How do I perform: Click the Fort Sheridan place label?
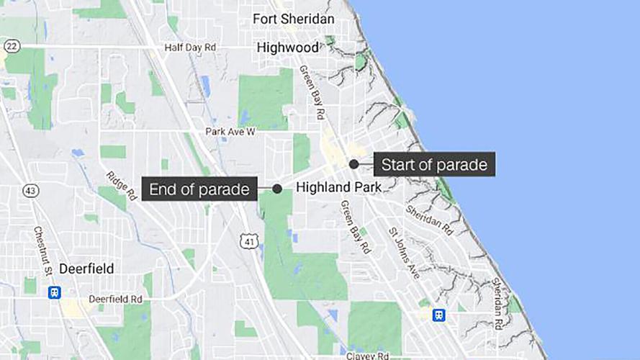[294, 19]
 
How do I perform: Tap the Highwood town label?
[288, 48]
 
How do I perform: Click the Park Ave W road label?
[230, 132]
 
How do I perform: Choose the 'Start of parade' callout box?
[434, 164]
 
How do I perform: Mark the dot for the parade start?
[354, 164]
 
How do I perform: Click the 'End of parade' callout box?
[199, 189]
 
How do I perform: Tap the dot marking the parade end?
[277, 189]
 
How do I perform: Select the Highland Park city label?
[338, 187]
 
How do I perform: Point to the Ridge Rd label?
[121, 186]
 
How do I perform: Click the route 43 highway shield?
[30, 191]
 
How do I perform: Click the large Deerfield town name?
[86, 269]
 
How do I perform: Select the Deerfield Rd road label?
[116, 298]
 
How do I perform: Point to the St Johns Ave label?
[403, 253]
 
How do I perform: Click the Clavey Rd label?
[367, 355]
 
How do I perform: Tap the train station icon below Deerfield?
[54, 292]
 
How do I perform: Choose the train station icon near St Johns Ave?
[438, 315]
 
